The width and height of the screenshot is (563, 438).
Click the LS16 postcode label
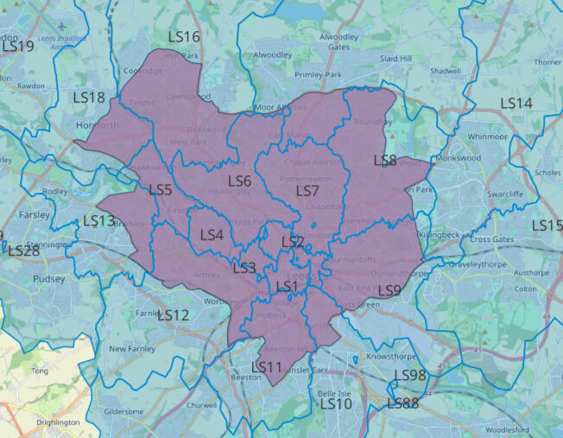coord(184,37)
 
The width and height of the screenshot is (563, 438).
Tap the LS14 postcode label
coord(516,103)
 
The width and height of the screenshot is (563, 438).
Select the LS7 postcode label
coord(307,190)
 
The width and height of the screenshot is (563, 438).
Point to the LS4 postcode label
coord(212,235)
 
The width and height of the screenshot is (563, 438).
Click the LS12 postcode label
coord(173,315)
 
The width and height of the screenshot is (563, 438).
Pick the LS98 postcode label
coord(410,375)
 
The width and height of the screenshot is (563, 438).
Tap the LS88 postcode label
coord(402,403)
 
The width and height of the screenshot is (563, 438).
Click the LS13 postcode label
coord(99,221)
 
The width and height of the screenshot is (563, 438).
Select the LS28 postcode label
coord(23,251)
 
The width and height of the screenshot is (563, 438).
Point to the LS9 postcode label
coord(389,290)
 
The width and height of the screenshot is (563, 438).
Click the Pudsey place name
coord(48,279)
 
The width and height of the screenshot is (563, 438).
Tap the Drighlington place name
coord(59,422)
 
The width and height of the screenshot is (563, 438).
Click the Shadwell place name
coord(446,71)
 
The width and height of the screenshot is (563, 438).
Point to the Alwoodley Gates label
coord(338,42)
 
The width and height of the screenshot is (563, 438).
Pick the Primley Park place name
coord(319,75)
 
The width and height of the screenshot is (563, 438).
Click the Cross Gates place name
coord(492,239)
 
